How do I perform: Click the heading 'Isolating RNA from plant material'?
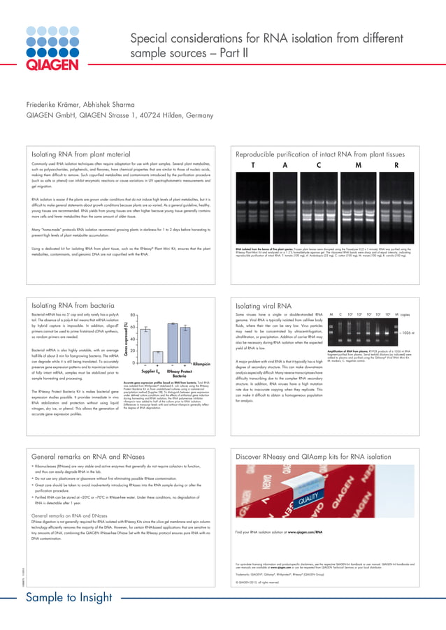81,152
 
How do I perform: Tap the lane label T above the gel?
253,166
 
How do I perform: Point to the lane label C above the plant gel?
319,166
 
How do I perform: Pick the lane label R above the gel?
396,166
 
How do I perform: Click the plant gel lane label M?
358,166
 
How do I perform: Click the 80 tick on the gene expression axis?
132,315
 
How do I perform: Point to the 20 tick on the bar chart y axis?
132,351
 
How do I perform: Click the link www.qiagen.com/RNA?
304,532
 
